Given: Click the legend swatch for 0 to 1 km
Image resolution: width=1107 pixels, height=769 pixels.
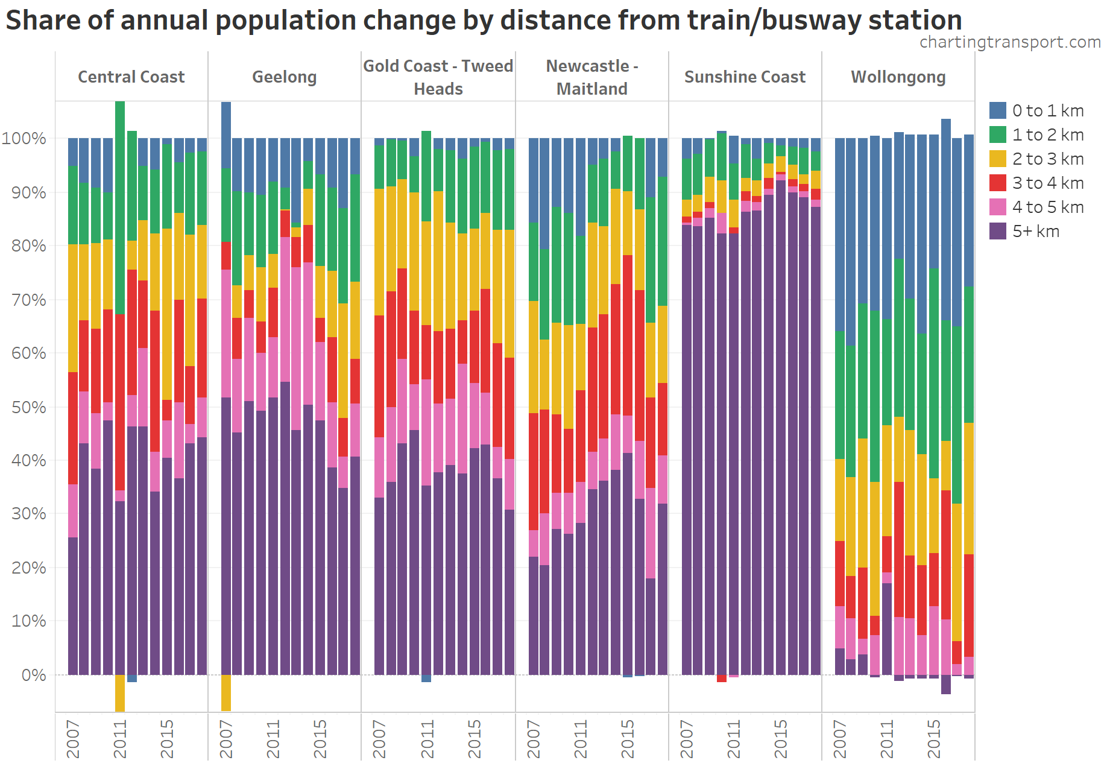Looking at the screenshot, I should pyautogui.click(x=998, y=110).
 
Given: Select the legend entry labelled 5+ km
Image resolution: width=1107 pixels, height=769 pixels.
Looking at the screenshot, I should pyautogui.click(x=1035, y=231).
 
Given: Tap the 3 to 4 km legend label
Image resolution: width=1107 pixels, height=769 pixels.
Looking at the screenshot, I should pyautogui.click(x=1047, y=183).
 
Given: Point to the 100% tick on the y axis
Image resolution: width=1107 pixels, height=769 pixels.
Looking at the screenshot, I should pyautogui.click(x=24, y=138).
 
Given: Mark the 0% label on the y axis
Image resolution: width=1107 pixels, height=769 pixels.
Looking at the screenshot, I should pyautogui.click(x=33, y=675).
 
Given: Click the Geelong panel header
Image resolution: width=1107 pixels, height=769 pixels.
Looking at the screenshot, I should pyautogui.click(x=284, y=77).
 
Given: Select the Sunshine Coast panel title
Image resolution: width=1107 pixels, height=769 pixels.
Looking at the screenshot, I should pyautogui.click(x=745, y=77).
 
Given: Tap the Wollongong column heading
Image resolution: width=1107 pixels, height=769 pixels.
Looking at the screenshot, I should pyautogui.click(x=898, y=77).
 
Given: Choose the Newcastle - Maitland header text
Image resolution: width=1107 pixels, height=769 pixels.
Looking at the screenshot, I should pyautogui.click(x=591, y=77).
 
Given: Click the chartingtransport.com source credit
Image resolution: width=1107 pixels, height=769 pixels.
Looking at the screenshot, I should pyautogui.click(x=1010, y=42).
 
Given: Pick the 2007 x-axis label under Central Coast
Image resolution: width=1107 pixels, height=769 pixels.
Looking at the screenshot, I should pyautogui.click(x=73, y=738).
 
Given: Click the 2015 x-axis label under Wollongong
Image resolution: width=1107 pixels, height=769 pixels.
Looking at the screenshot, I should pyautogui.click(x=934, y=738).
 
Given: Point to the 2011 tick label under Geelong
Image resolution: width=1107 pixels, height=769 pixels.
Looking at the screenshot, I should pyautogui.click(x=273, y=738).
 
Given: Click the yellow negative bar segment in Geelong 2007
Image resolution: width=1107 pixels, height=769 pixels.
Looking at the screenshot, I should pyautogui.click(x=226, y=692).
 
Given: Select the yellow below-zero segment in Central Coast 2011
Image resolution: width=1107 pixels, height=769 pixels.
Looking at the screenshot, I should pyautogui.click(x=120, y=693).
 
